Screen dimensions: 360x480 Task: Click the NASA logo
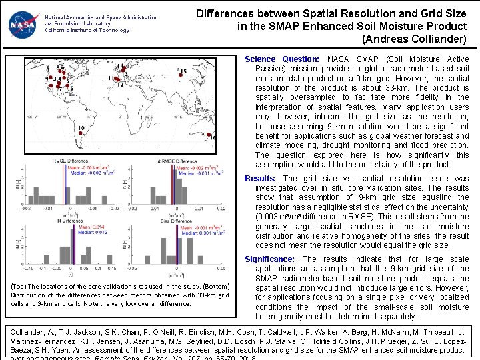coord(24,25)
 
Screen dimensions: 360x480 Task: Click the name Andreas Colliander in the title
coord(414,39)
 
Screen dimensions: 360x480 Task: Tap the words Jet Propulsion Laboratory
coord(73,23)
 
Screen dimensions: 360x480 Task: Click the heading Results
coord(260,179)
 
